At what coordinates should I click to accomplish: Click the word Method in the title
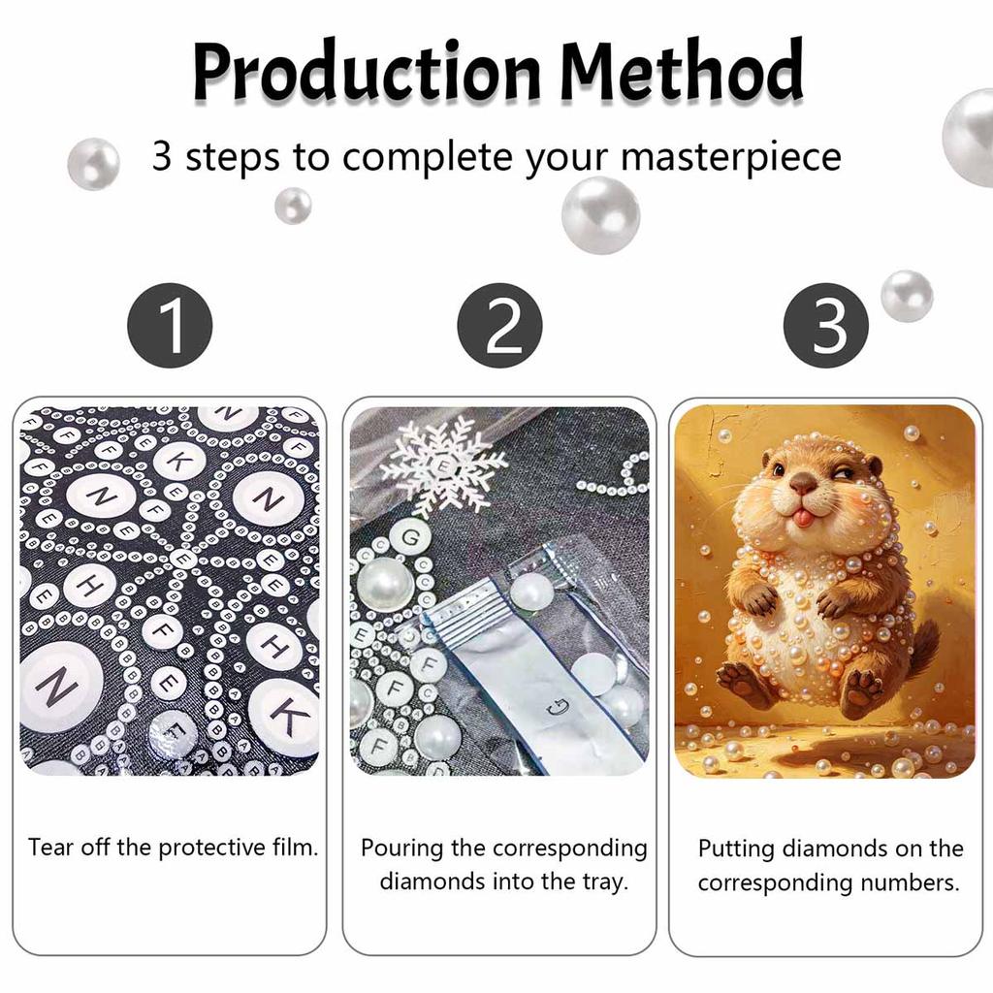click(682, 69)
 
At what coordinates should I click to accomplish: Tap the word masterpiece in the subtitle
click(731, 157)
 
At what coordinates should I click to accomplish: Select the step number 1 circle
click(170, 325)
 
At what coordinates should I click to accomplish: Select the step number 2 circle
click(499, 325)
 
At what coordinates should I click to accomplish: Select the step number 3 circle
click(826, 325)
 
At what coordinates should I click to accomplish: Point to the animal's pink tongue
click(803, 520)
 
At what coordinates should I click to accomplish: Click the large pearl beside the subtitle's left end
click(94, 164)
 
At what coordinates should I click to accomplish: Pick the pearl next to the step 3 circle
click(907, 296)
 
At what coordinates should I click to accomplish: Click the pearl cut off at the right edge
click(969, 137)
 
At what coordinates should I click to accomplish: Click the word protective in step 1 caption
click(212, 848)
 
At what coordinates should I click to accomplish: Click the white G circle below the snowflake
click(410, 538)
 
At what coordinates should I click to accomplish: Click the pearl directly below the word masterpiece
click(600, 215)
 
